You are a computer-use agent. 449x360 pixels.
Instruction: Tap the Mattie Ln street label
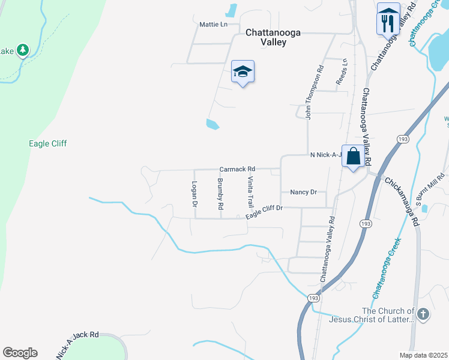(213, 25)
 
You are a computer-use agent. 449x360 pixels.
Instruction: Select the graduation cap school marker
(243, 72)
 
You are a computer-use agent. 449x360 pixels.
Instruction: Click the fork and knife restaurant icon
(387, 23)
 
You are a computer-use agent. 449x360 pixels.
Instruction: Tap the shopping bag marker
(354, 157)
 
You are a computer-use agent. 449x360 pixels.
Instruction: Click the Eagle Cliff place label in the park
(47, 143)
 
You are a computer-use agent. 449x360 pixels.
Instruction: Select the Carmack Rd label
(237, 169)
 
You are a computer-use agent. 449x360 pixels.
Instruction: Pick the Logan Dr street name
(194, 194)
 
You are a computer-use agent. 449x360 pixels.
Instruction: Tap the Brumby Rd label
(221, 193)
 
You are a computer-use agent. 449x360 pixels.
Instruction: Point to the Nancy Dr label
(303, 192)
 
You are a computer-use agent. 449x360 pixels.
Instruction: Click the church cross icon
(423, 314)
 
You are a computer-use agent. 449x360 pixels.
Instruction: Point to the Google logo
(20, 353)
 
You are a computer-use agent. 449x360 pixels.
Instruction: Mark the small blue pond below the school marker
(212, 124)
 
